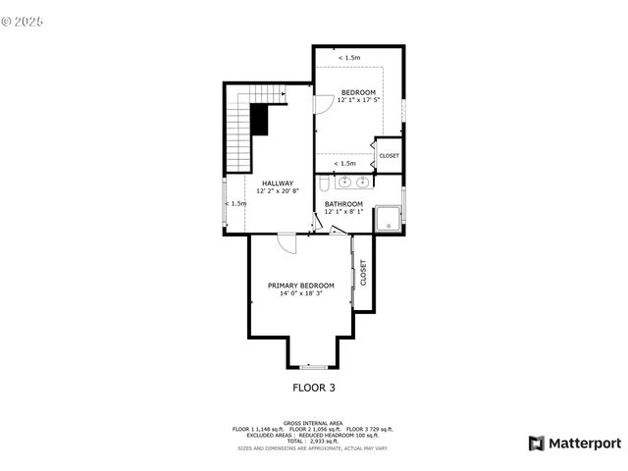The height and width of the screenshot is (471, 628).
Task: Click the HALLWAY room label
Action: (x=277, y=183)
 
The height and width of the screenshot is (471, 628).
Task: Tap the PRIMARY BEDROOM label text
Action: (x=301, y=286)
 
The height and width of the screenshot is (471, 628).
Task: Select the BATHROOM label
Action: (x=343, y=204)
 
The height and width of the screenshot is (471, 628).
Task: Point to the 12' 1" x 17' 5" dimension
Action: (x=358, y=100)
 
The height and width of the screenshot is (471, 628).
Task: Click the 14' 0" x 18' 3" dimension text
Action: (x=301, y=293)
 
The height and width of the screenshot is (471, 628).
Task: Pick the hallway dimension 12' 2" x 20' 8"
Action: (x=277, y=190)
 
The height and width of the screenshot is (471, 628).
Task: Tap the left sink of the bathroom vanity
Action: (x=345, y=182)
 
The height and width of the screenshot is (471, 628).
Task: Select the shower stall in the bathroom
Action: (x=389, y=218)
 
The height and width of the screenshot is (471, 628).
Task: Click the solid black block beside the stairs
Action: (x=259, y=120)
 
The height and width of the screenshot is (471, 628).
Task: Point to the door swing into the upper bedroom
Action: (x=322, y=103)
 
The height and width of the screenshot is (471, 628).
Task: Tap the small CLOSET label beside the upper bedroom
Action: (x=389, y=156)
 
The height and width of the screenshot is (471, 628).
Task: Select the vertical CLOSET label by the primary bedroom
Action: (x=363, y=272)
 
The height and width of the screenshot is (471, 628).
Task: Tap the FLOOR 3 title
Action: (x=314, y=388)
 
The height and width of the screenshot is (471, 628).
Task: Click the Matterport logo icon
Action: (x=536, y=444)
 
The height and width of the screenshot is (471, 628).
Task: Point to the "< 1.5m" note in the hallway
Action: (x=235, y=203)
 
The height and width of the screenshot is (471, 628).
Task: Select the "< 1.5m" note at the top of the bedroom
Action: (x=348, y=58)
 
